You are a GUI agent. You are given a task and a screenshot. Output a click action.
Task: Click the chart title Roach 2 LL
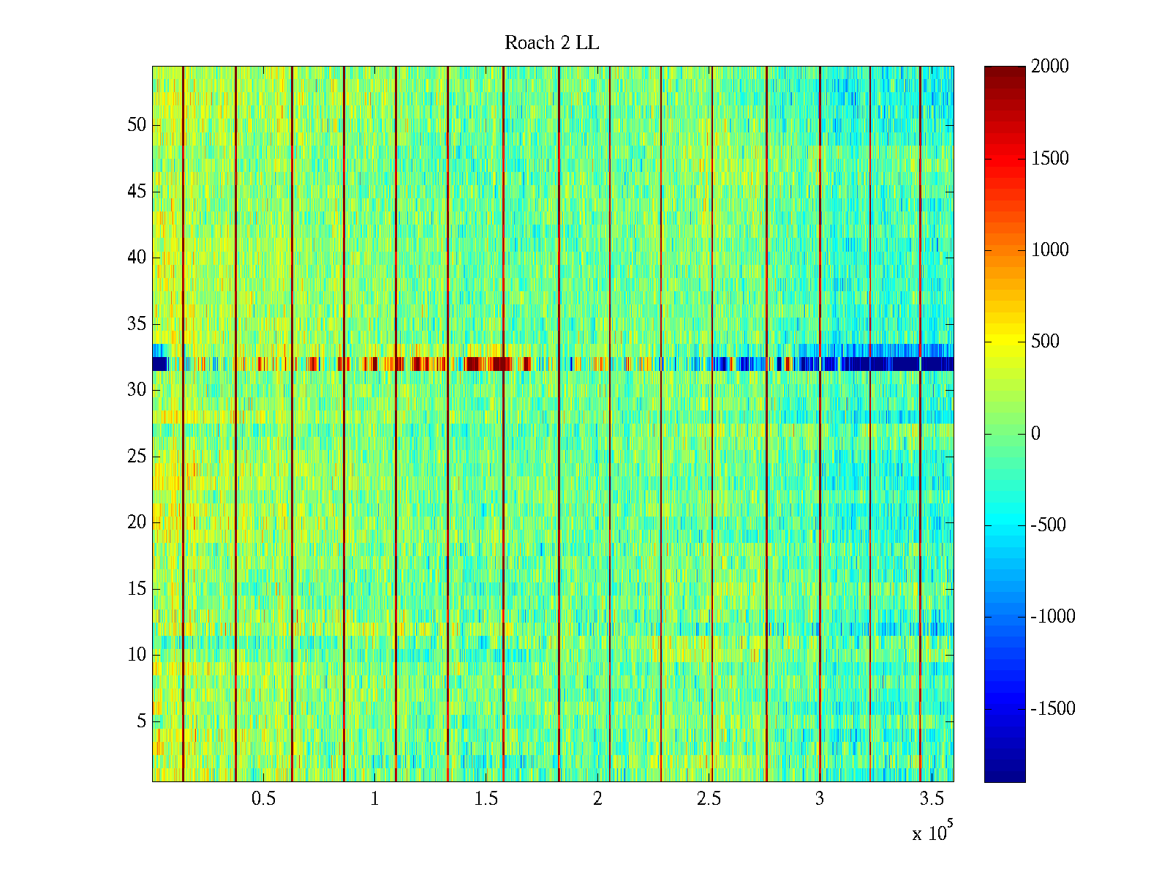[551, 43]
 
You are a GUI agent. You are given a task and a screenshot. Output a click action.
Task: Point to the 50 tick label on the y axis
[137, 125]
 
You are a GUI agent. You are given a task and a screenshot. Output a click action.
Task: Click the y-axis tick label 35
[137, 324]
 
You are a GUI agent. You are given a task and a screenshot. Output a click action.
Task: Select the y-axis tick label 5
[141, 721]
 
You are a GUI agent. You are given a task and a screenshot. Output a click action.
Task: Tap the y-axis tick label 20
[137, 522]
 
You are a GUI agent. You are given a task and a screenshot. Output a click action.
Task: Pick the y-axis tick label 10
[137, 655]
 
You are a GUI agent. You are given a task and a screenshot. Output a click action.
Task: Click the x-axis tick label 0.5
[263, 799]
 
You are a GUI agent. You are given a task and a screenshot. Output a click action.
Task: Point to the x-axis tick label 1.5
[486, 799]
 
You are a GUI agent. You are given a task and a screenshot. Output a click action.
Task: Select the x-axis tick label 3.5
[931, 799]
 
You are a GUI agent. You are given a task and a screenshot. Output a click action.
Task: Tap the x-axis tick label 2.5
[709, 799]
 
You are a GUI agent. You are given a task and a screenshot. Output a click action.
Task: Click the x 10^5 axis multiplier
[932, 833]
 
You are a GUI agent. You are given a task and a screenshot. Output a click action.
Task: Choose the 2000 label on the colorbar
[1050, 67]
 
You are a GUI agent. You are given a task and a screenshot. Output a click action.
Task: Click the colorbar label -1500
[1053, 708]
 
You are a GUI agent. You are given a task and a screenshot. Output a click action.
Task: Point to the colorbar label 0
[1035, 434]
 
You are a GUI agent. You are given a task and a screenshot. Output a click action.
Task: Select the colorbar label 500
[1046, 342]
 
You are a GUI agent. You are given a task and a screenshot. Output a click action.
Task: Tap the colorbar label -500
[1049, 525]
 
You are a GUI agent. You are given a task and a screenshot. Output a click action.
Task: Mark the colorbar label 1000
[1050, 250]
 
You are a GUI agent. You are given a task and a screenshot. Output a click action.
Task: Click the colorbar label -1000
[1053, 617]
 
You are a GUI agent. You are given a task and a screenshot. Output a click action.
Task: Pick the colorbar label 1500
[1050, 159]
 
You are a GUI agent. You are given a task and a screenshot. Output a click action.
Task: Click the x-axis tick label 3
[820, 799]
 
